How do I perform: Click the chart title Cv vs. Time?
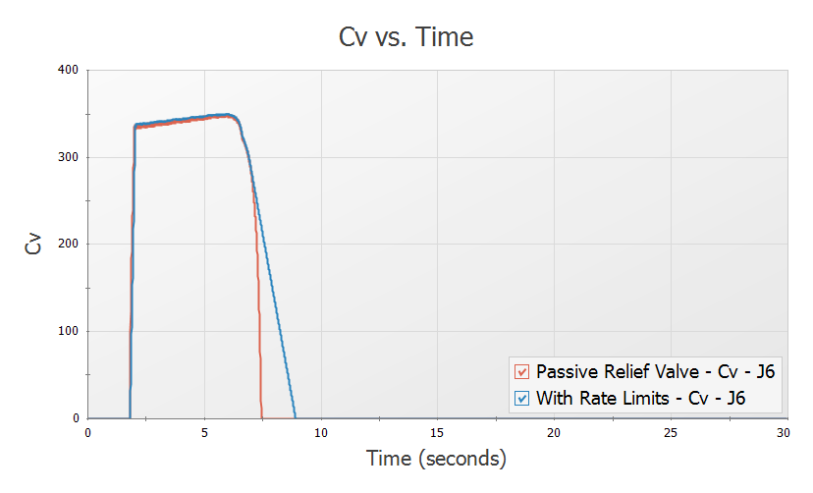(406, 37)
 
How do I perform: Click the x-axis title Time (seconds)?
(436, 458)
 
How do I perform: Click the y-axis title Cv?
(34, 244)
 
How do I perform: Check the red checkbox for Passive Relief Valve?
(521, 371)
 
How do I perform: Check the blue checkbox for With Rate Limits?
(521, 398)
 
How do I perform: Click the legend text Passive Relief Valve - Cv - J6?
(645, 371)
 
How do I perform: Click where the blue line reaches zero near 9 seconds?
(295, 417)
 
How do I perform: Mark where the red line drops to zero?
(262, 417)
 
